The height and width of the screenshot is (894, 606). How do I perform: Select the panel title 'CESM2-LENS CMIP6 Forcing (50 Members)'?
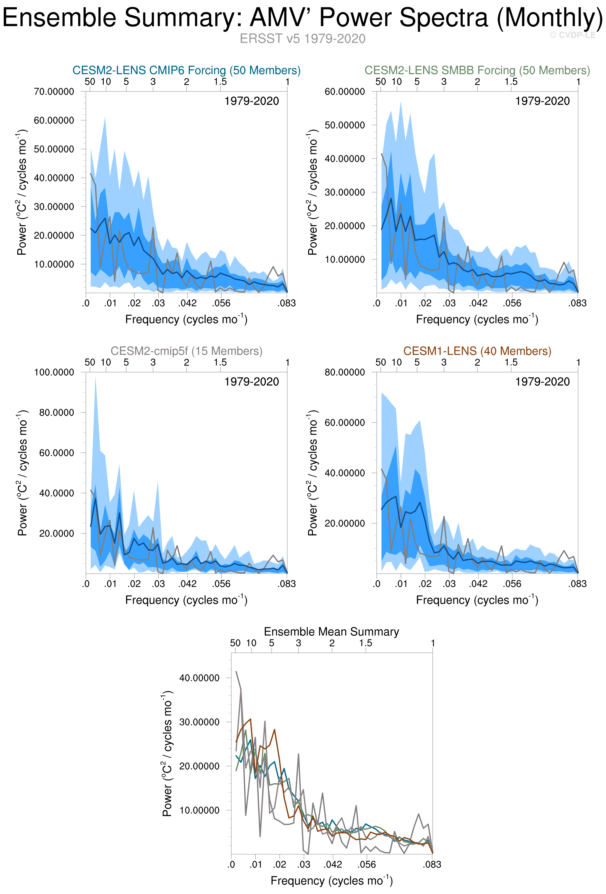click(187, 70)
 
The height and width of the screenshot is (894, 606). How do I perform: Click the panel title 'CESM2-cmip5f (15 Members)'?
click(187, 351)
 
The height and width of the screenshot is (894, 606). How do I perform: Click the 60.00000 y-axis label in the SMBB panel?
click(345, 91)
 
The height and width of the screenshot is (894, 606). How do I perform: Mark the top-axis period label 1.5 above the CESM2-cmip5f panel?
click(220, 362)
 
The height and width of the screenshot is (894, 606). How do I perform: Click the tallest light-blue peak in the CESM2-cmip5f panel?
click(95, 379)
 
